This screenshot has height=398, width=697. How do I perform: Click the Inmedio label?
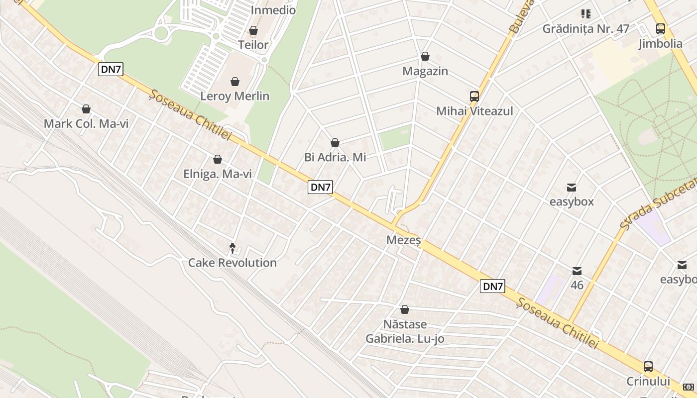pos(273,10)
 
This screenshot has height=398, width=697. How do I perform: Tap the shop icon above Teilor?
pos(253,31)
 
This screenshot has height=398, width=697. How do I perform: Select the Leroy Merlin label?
pos(234,96)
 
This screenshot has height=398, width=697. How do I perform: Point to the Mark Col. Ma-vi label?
pos(86,123)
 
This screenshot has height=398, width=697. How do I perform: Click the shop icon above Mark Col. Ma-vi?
pos(86,109)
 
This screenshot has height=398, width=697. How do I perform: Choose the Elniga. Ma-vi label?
pos(218,174)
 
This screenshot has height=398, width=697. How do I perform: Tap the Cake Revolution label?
pos(232,262)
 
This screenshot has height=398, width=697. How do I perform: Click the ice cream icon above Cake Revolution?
pos(232,247)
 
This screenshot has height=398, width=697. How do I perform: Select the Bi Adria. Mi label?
pos(335,157)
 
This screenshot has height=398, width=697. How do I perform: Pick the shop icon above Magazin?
pos(425,57)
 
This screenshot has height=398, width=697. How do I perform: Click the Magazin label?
pos(425,71)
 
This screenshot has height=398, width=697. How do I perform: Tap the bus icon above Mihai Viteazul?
pos(474,96)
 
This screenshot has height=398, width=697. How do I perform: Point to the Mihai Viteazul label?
pos(474,111)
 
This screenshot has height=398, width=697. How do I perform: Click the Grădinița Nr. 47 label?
pos(586,28)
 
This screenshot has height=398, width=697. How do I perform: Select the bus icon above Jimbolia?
pos(661,29)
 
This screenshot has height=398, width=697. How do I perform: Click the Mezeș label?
pos(404,240)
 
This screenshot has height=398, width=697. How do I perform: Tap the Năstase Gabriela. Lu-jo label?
pos(405,331)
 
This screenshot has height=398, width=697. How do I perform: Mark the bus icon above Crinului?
pos(648,367)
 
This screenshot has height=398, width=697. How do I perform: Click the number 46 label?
pos(577,285)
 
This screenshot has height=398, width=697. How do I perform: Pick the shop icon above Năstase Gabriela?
pos(405,309)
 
